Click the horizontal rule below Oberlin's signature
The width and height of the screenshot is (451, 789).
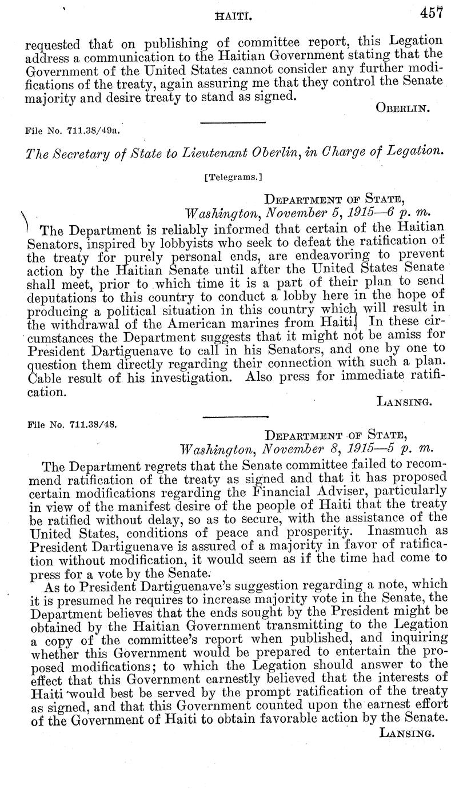[x=233, y=122]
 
